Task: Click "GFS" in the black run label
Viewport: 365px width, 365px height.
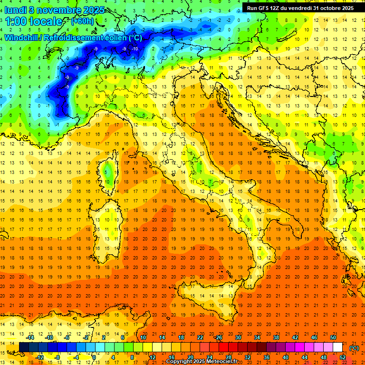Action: [x=268, y=8]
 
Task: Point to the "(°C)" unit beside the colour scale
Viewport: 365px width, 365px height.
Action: [x=354, y=347]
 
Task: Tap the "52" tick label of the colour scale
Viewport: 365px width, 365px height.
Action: [x=343, y=357]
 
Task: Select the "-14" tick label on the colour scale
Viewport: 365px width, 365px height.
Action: [x=30, y=337]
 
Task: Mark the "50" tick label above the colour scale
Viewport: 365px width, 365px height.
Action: [x=333, y=337]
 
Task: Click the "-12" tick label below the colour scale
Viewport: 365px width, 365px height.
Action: [x=39, y=357]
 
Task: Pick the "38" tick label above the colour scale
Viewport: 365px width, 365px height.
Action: [x=276, y=337]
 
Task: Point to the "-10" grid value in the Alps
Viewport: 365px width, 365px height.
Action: [x=135, y=49]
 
